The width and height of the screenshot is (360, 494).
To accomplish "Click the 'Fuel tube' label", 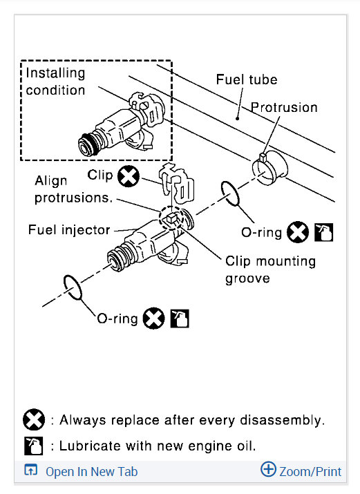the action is click(x=247, y=79).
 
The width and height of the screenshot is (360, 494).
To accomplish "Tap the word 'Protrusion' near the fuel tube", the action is click(x=284, y=107).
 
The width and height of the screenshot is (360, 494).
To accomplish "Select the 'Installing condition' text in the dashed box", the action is click(x=55, y=82).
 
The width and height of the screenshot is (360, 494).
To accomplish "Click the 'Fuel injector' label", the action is click(x=69, y=229).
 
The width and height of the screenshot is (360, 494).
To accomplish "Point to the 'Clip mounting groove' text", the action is click(x=270, y=269).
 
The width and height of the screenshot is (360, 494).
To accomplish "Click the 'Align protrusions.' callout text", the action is click(x=73, y=189).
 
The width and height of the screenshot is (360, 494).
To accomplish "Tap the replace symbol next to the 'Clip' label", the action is click(x=129, y=176).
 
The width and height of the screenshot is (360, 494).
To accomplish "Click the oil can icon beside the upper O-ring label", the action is click(x=324, y=232).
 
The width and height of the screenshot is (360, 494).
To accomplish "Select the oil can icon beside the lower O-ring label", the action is click(x=180, y=319).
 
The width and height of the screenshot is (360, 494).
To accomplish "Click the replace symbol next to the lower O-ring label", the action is click(x=153, y=319).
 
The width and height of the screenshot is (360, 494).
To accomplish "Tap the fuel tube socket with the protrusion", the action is click(x=269, y=168).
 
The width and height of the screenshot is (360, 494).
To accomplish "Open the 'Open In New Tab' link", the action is click(x=91, y=472).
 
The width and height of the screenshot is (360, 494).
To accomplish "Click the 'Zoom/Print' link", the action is click(x=310, y=472).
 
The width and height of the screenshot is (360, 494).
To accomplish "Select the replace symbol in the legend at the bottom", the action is click(x=34, y=419).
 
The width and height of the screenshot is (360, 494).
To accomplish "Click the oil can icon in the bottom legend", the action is click(x=34, y=446).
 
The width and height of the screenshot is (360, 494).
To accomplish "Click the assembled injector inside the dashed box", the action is click(x=121, y=124).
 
